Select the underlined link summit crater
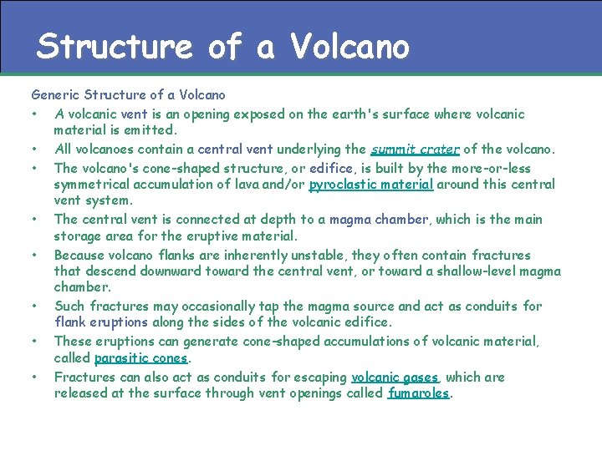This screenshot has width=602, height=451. pos(415,149)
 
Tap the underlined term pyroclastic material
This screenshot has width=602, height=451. pos(370,184)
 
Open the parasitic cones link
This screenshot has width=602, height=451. pos(141,358)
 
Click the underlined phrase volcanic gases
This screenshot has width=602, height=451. pos(395,377)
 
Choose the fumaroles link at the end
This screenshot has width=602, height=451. pos(419,393)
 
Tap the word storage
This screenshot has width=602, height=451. pos(78,236)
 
